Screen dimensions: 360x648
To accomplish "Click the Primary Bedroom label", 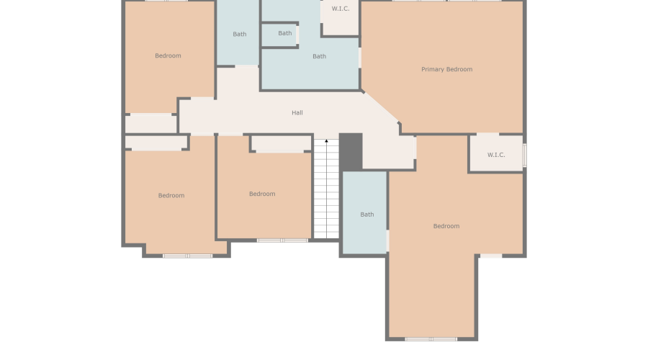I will pos(446,69).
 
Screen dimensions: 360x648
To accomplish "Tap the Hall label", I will pos(297,112).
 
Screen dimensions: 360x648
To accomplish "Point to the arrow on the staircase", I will pos(326,141).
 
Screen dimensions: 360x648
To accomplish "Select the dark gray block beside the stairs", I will pos(351,151).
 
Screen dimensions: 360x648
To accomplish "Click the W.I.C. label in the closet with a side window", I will pos(496,155).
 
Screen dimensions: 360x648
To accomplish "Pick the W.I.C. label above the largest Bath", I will pos(341,9).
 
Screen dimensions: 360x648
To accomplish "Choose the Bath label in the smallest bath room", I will pos(285,33).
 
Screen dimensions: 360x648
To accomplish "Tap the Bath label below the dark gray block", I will pos(367,214).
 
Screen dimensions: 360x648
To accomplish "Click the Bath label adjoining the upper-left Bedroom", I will pos(240,34).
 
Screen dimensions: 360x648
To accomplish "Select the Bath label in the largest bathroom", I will pos(319,56).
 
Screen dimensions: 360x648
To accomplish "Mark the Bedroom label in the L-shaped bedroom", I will pos(446,226).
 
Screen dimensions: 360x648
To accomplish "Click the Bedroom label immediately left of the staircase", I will pos(262,194).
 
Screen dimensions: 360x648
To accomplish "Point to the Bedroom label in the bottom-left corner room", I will pos(171,195).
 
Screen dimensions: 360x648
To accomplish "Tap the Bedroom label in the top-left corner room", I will pos(168,55).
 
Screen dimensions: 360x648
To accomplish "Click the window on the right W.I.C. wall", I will pos(524,155).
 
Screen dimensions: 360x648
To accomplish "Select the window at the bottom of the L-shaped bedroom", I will pos(431,338).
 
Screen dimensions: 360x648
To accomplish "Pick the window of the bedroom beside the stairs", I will pos(283,240).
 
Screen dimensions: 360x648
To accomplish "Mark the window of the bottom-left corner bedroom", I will pos(187,256).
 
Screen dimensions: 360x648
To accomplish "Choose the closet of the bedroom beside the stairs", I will pos(282,143).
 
